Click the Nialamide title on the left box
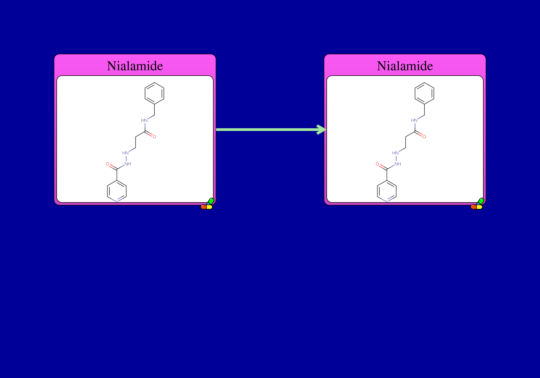pyautogui.click(x=135, y=66)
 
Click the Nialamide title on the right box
pyautogui.click(x=405, y=66)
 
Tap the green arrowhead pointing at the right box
pyautogui.click(x=322, y=130)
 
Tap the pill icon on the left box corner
pyautogui.click(x=207, y=204)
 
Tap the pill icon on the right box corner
pyautogui.click(x=477, y=204)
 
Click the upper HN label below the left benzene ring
pyautogui.click(x=144, y=120)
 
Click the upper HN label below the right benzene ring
pyautogui.click(x=414, y=120)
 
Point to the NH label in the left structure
pyautogui.click(x=128, y=164)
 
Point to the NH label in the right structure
pyautogui.click(x=398, y=164)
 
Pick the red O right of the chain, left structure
pyautogui.click(x=154, y=137)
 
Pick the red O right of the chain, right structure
pyautogui.click(x=424, y=137)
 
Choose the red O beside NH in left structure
pyautogui.click(x=107, y=164)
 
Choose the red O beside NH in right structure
pyautogui.click(x=377, y=164)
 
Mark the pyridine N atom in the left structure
pyautogui.click(x=117, y=201)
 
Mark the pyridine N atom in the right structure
pyautogui.click(x=387, y=201)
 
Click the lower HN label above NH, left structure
pyautogui.click(x=126, y=153)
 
